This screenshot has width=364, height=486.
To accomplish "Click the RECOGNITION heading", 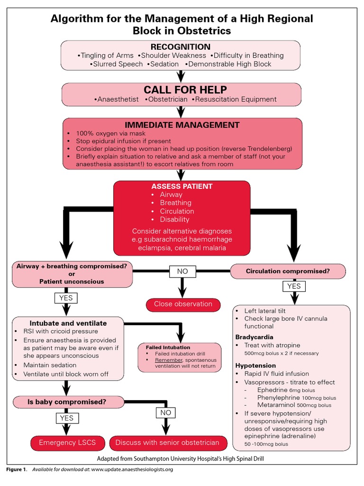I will (x=180, y=47).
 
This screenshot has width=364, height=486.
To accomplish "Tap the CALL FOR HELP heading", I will (x=185, y=90).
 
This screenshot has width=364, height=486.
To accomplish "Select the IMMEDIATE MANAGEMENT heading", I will (x=182, y=125).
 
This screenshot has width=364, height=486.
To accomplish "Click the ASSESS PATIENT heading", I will (x=182, y=186).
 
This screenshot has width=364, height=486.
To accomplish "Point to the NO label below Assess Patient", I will (x=182, y=271).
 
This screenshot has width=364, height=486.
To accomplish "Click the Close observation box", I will (x=183, y=304).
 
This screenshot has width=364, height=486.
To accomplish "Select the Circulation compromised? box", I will (x=288, y=271).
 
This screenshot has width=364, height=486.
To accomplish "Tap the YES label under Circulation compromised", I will (x=294, y=286).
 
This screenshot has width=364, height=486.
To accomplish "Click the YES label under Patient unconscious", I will (x=66, y=298).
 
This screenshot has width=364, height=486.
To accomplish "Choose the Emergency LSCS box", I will (x=67, y=443).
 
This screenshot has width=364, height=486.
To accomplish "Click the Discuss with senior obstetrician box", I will (x=167, y=443).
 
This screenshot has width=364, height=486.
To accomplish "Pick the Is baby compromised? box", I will (x=67, y=402).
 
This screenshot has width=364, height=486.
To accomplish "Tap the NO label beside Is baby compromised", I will (x=165, y=413).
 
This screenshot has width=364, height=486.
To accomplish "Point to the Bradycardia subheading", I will (x=254, y=336).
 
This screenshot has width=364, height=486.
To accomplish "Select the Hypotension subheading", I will (x=255, y=365).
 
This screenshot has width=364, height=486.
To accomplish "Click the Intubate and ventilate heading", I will (x=68, y=323).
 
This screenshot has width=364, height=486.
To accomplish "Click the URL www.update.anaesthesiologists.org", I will (x=132, y=469).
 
